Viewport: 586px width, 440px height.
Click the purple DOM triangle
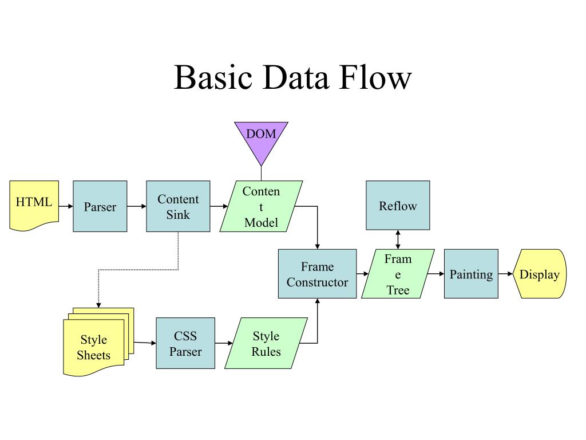tap(261, 139)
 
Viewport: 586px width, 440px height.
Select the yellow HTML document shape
tap(34, 205)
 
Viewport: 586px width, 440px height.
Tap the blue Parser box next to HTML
tap(100, 206)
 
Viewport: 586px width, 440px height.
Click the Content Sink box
tap(178, 206)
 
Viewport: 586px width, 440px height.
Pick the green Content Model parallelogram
tap(261, 206)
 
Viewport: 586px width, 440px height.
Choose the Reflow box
tap(398, 205)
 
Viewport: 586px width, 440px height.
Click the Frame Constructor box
tap(317, 273)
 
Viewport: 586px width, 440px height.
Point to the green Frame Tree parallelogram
tap(398, 273)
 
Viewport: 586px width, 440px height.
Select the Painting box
tap(471, 273)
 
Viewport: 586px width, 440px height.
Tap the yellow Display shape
tap(540, 273)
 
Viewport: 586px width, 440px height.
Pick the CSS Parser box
tap(185, 343)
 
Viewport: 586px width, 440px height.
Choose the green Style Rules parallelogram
tap(266, 343)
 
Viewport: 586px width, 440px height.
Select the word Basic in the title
tap(213, 77)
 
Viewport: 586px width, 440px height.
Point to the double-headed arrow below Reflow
tap(398, 239)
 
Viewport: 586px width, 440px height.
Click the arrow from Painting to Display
tap(505, 273)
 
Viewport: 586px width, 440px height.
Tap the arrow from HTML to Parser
tap(66, 206)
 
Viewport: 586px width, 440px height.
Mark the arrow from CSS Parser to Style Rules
tap(224, 343)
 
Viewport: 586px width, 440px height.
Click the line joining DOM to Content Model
tap(261, 174)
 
